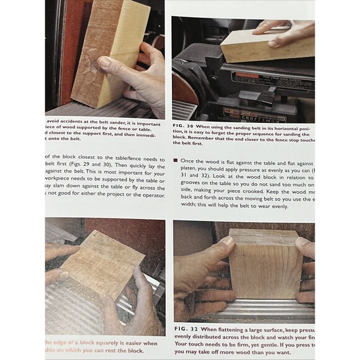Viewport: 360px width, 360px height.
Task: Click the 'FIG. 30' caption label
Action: click(x=184, y=127)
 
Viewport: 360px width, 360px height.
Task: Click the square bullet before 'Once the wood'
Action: click(x=176, y=160)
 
